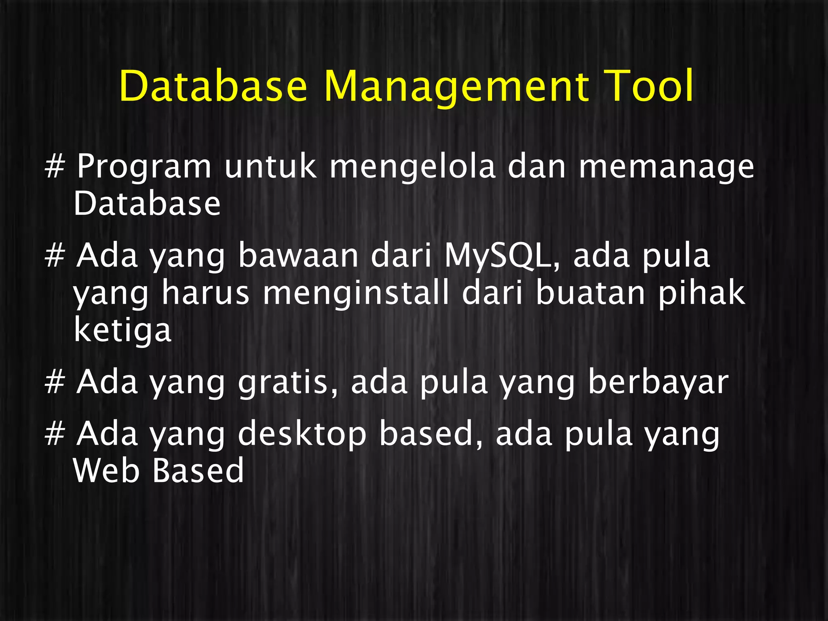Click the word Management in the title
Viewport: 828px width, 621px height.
coord(456,87)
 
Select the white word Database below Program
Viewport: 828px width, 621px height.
coord(147,203)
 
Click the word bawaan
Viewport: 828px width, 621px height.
coord(298,256)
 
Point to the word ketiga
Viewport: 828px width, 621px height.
coord(123,331)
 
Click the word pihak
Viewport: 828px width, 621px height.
coord(701,293)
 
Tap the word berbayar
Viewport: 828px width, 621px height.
coord(658,382)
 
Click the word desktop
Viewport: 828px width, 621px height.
coord(302,434)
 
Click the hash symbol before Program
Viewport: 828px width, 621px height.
coord(55,167)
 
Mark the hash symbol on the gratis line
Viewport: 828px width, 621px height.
coord(55,382)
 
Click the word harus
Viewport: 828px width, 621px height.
coord(205,293)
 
